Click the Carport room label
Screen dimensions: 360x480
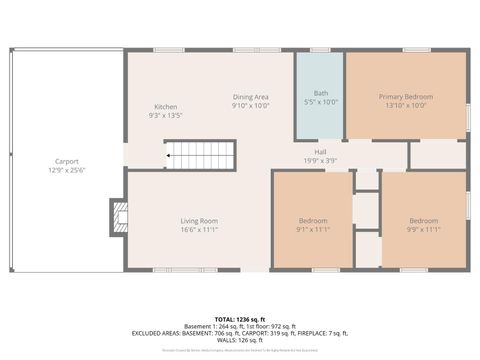click(66, 160)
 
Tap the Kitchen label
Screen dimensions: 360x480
click(166, 107)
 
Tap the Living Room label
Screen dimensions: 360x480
click(199, 221)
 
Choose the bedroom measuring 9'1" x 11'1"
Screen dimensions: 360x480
click(312, 225)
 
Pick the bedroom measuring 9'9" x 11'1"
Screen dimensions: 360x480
click(423, 225)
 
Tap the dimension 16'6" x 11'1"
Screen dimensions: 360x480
click(199, 229)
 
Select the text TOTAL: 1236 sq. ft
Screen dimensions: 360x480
click(240, 319)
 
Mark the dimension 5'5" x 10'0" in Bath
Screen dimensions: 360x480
click(319, 102)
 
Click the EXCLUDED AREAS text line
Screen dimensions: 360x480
click(240, 332)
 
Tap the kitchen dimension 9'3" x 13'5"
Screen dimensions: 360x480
click(166, 115)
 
